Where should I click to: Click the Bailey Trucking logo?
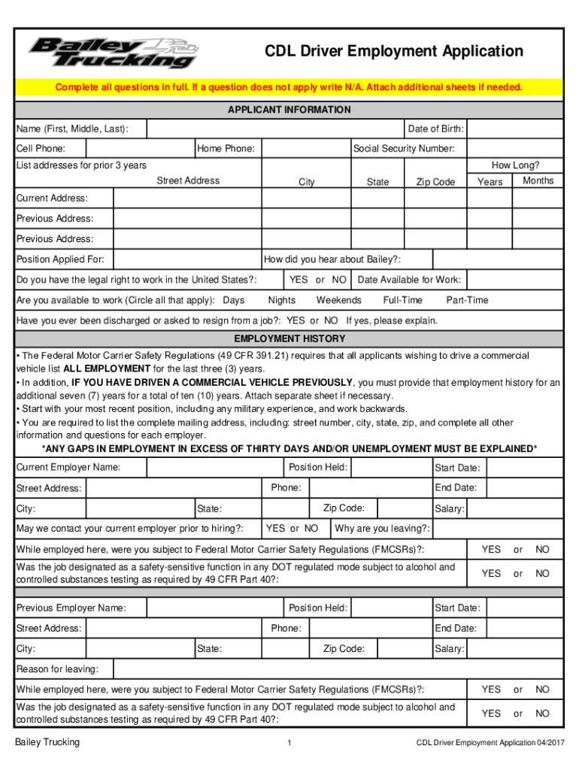click(113, 52)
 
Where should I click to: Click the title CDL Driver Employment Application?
click(393, 51)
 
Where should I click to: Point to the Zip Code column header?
click(435, 182)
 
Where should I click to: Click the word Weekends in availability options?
click(338, 300)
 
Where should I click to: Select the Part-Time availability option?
click(467, 300)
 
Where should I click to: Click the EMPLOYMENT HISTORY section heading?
click(289, 338)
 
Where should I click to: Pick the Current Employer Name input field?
click(214, 468)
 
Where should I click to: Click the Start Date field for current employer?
click(523, 468)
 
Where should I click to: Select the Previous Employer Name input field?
click(214, 608)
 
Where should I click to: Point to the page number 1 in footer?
click(289, 744)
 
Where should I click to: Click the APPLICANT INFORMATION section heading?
click(289, 110)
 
